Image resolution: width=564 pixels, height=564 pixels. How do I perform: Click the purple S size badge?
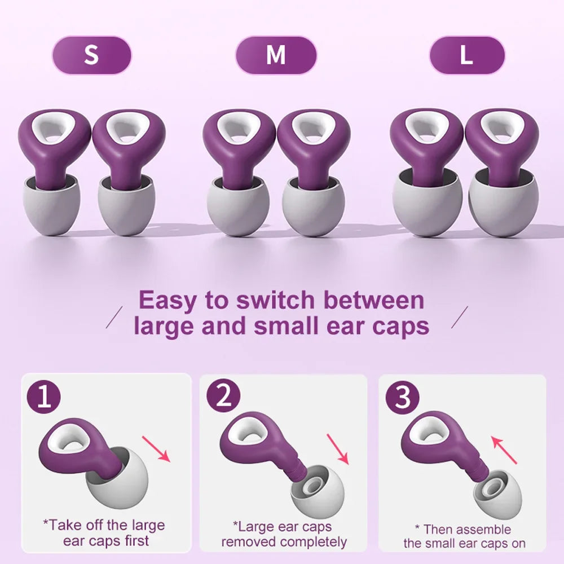[x=91, y=55]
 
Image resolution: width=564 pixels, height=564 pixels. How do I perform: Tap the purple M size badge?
[x=276, y=55]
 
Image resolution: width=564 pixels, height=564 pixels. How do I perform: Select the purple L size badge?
[x=466, y=55]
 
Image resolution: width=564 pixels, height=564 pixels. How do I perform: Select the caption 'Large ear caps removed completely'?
[x=284, y=535]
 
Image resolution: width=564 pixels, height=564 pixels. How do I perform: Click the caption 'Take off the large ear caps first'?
[x=104, y=533]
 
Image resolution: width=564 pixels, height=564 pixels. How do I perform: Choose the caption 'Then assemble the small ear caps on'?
[x=464, y=536]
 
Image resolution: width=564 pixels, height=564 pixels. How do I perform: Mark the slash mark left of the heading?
[x=115, y=318]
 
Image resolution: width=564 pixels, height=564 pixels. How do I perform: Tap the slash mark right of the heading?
[x=459, y=318]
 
